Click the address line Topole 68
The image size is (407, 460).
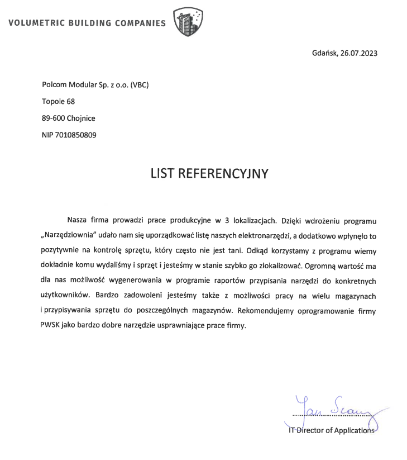coord(58,101)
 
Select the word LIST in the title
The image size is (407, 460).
coord(162,174)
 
